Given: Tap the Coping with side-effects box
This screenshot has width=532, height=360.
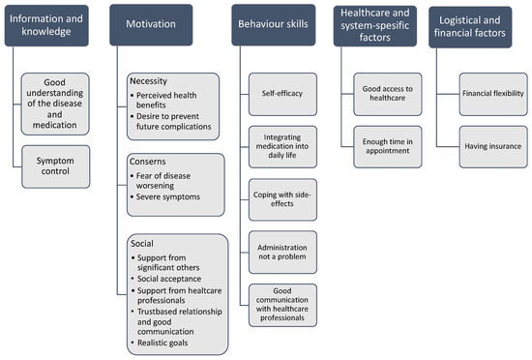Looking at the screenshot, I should pos(282,196).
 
